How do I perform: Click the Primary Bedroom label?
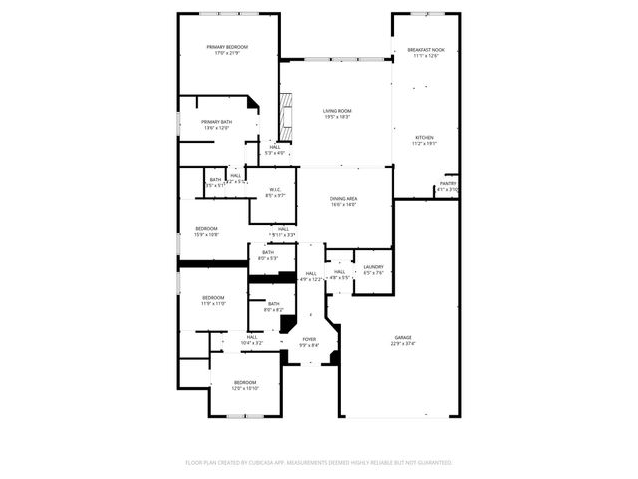coord(227,47)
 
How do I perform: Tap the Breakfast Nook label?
coord(426,50)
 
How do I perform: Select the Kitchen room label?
coord(424,137)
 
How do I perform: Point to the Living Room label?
coord(337,111)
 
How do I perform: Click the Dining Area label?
coord(344,199)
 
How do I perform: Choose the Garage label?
coord(403,338)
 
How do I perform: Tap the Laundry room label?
coord(374,267)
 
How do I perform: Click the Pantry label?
coord(448,183)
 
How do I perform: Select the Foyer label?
coord(309,339)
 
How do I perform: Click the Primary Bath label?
coord(217,122)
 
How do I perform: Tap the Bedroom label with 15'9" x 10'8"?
coord(206,229)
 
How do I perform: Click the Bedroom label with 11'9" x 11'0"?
coord(214,298)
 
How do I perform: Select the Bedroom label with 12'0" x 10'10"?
coord(245,383)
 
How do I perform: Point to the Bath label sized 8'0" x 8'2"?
coord(273,304)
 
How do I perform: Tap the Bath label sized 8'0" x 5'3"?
coord(268,252)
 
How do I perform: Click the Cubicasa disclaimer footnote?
coord(319,463)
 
